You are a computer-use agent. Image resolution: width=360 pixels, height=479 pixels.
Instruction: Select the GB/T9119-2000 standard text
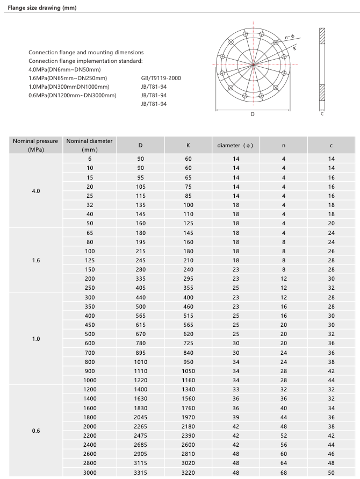click(x=161, y=78)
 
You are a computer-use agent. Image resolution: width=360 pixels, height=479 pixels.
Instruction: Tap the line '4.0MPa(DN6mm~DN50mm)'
click(x=64, y=69)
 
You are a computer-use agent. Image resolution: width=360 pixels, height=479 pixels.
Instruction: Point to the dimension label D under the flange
click(x=252, y=115)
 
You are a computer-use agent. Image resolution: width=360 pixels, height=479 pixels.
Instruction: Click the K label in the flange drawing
click(x=295, y=48)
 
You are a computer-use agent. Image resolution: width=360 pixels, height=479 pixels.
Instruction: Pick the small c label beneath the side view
click(x=321, y=113)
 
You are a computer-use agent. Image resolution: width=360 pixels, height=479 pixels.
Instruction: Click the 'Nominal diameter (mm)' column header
click(x=89, y=145)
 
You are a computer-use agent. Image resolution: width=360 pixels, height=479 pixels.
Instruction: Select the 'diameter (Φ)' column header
click(x=235, y=145)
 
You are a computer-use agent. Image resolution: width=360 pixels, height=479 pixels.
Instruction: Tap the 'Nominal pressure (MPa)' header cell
click(x=35, y=145)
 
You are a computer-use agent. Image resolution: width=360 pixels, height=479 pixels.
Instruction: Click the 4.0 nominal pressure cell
click(x=35, y=191)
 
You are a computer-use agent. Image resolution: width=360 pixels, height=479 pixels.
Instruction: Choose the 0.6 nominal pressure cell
click(x=35, y=431)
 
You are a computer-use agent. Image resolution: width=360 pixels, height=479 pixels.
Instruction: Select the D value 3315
click(x=141, y=473)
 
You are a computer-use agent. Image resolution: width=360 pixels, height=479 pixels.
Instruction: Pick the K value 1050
click(x=188, y=371)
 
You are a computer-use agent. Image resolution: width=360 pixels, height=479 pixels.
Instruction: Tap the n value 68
click(x=283, y=473)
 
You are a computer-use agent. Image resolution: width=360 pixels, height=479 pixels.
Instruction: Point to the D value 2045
click(x=141, y=417)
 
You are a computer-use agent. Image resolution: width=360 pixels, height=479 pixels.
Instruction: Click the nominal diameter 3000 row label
click(x=90, y=473)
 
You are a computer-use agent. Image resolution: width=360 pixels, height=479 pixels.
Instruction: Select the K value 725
click(x=188, y=344)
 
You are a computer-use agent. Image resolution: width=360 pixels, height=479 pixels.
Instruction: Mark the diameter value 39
click(x=235, y=417)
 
